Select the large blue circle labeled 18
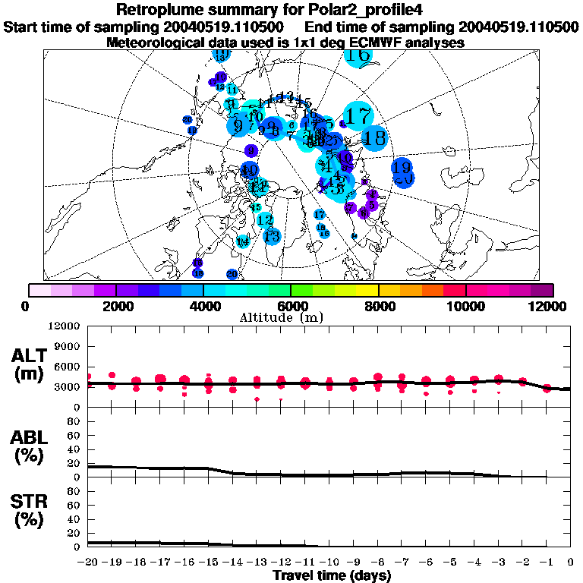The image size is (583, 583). click(374, 138)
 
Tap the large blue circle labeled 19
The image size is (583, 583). click(402, 168)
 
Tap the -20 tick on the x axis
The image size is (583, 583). click(88, 563)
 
